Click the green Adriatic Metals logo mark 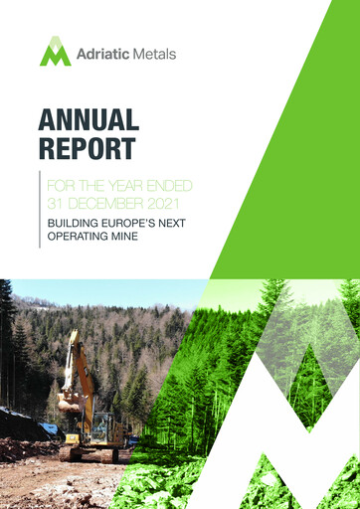(56, 52)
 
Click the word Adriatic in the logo (103, 53)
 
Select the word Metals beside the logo (155, 53)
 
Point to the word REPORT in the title (87, 150)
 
